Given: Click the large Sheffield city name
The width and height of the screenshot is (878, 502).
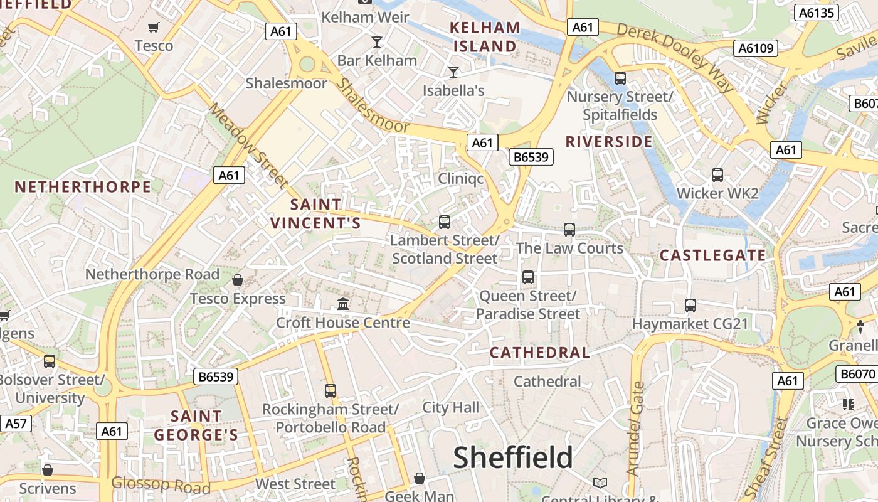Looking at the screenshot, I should pyautogui.click(x=513, y=457).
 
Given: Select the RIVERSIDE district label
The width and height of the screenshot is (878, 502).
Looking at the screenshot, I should pyautogui.click(x=609, y=142).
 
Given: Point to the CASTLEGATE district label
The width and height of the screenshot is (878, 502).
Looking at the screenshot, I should pyautogui.click(x=713, y=255).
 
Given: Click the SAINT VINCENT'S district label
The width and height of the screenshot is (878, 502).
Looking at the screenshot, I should pyautogui.click(x=315, y=214).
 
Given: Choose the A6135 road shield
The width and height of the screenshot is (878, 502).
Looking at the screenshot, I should pyautogui.click(x=816, y=13).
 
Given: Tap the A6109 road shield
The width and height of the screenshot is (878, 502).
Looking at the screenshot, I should pyautogui.click(x=757, y=48).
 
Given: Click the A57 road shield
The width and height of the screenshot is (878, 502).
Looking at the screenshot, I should pyautogui.click(x=16, y=424).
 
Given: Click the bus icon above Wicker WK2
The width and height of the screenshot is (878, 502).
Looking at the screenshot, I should pyautogui.click(x=717, y=175).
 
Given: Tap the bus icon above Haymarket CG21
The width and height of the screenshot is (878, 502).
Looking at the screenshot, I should pyautogui.click(x=690, y=306).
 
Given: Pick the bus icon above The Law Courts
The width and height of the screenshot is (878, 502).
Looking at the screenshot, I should pyautogui.click(x=569, y=230).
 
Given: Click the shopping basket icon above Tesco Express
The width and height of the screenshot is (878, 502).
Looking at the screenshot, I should pyautogui.click(x=238, y=279).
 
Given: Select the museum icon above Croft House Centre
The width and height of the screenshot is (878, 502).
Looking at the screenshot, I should pyautogui.click(x=343, y=304).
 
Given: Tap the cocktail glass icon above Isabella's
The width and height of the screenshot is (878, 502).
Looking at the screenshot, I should pyautogui.click(x=453, y=72).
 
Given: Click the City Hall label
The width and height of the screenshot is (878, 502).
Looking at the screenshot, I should pyautogui.click(x=450, y=408).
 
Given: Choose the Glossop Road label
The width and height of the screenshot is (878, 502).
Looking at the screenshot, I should pyautogui.click(x=161, y=484).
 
